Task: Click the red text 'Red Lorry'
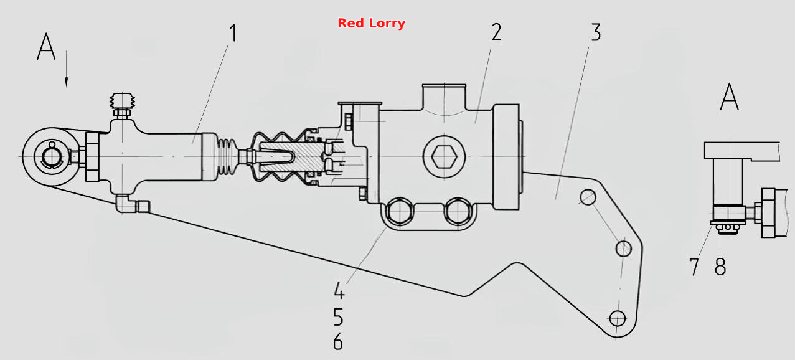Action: (371, 23)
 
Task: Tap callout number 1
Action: (233, 33)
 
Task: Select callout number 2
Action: (496, 32)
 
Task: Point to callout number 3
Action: (596, 32)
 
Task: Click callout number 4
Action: (339, 290)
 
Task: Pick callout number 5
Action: (339, 317)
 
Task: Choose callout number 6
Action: (338, 341)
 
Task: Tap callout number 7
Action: (694, 267)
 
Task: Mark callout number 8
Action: (720, 267)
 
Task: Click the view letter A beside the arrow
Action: (46, 47)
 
